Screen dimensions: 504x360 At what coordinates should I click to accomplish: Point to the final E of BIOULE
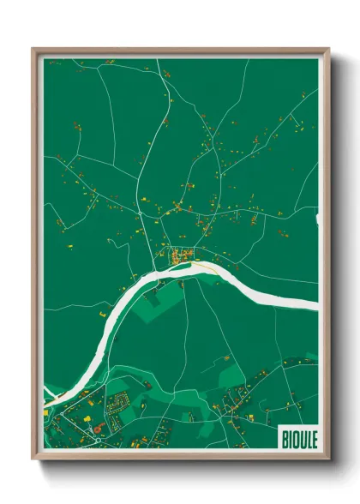pos(314,437)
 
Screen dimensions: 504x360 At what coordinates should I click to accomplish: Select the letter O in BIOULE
pos(295,437)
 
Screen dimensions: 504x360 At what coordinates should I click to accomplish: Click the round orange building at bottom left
pos(96,428)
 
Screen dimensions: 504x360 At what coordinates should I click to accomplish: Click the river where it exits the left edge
pos(48,399)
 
